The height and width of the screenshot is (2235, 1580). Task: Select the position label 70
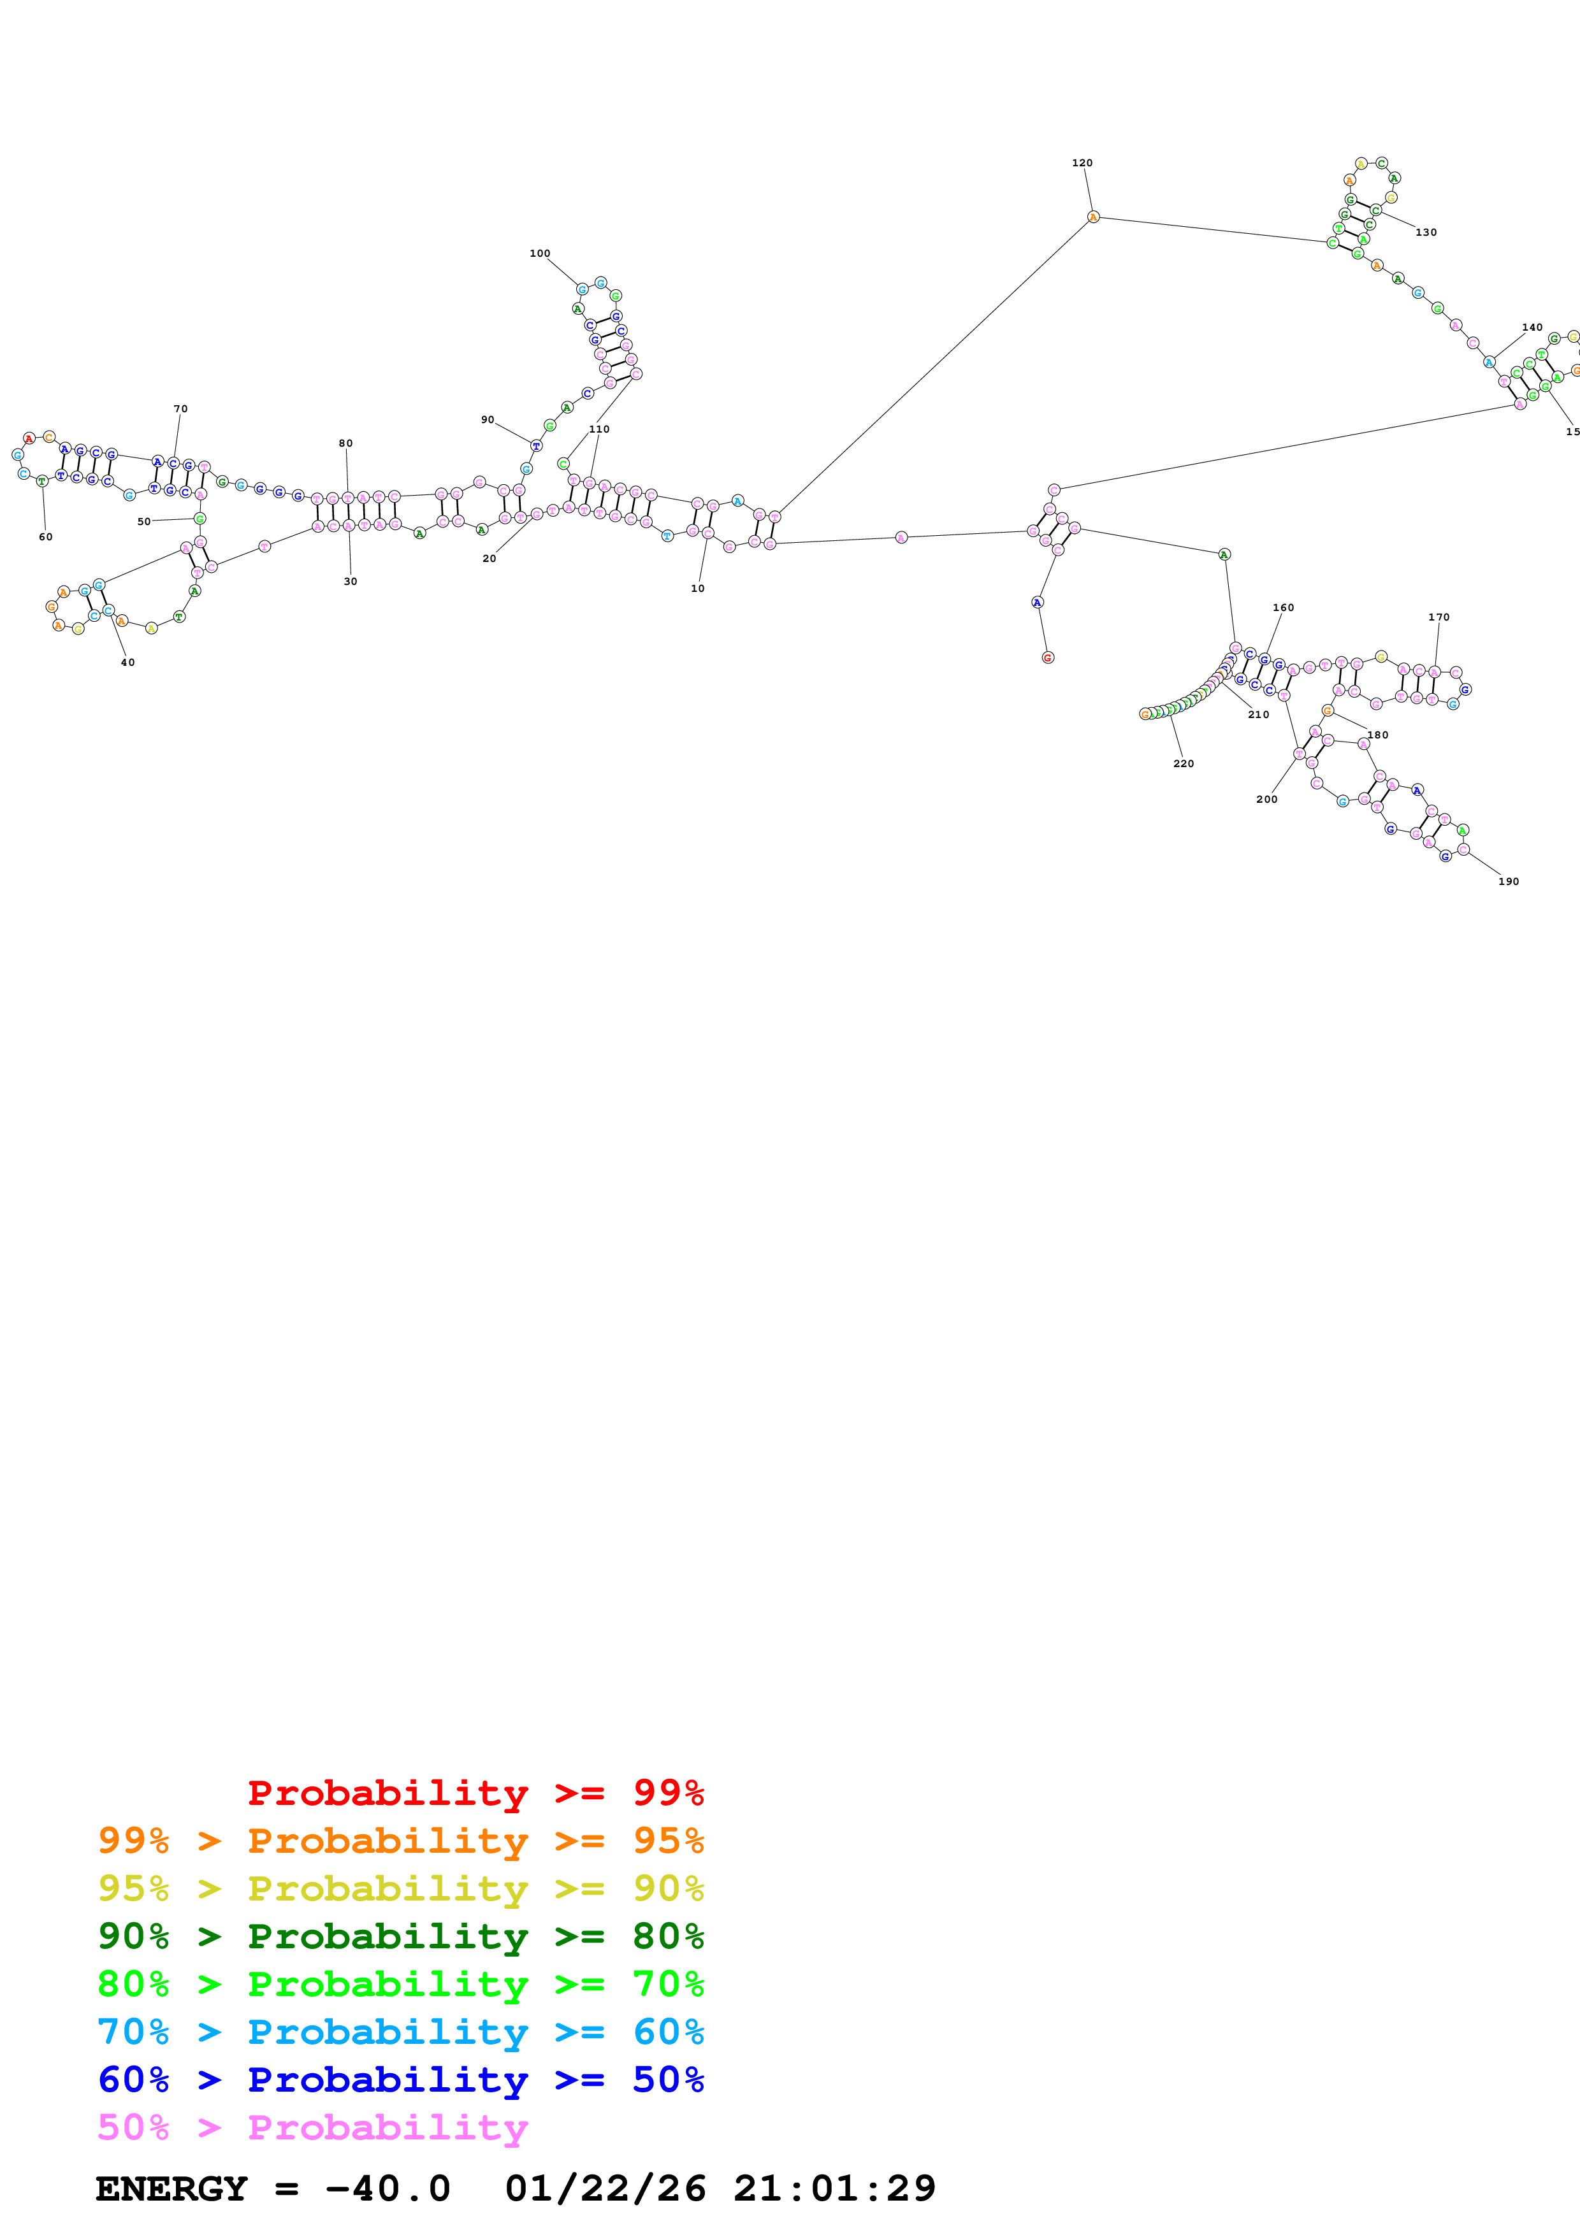tap(180, 410)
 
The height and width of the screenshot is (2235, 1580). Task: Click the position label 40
tap(127, 663)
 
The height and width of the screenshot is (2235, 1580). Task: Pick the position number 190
tap(1508, 882)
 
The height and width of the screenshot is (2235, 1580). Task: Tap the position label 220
tap(1183, 764)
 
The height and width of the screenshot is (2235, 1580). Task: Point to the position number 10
tap(697, 589)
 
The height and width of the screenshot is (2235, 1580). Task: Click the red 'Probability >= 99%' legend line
tap(475, 1792)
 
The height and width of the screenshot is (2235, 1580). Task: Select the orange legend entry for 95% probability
tap(400, 1841)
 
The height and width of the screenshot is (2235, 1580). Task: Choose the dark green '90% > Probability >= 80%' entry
tap(400, 1936)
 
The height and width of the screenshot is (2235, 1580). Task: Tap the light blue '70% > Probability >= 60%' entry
tap(400, 2032)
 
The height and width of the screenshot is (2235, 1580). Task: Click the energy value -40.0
tap(388, 2189)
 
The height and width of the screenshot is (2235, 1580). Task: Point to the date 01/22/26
tap(605, 2189)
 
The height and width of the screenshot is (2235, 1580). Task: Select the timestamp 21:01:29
tap(834, 2189)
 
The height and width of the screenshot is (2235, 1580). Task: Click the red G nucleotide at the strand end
tap(1048, 658)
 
